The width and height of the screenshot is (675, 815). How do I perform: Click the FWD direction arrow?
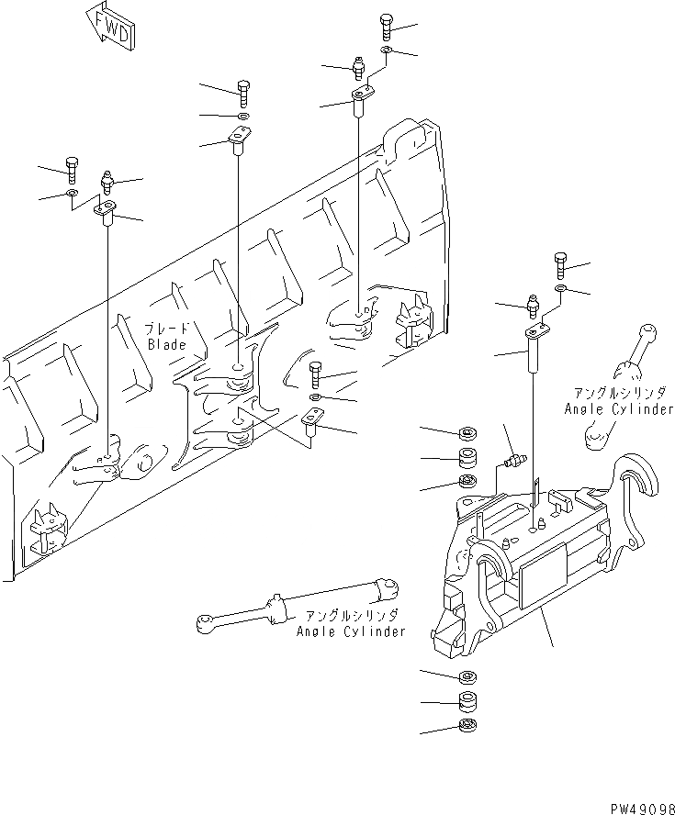[110, 25]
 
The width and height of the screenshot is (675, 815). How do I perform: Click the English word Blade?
[166, 345]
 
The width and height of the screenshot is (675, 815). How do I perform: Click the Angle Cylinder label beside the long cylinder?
[350, 632]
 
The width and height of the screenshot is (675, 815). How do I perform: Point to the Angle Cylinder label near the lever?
[619, 409]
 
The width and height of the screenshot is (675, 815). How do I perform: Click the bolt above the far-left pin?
[72, 168]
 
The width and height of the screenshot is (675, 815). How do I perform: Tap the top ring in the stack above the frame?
[466, 432]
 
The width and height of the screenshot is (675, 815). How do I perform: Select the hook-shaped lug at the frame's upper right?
[636, 473]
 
